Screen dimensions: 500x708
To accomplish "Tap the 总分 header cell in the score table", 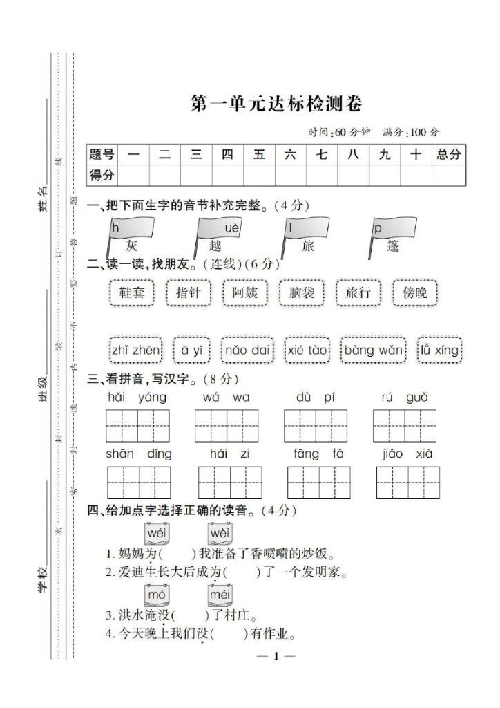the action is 448,155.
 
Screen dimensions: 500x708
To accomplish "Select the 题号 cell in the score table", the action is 102,155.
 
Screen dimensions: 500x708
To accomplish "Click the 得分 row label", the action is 102,175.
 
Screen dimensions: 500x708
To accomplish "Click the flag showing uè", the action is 220,229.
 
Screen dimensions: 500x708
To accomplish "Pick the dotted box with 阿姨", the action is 244,292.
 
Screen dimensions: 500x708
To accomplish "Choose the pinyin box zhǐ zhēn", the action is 135,350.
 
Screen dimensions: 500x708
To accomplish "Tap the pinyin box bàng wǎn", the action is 374,350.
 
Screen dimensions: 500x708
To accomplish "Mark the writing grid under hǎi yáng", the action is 137,425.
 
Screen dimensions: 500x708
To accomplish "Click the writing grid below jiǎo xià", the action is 407,483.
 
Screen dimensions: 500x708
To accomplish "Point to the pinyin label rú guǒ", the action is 404,398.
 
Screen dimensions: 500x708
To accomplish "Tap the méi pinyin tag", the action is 220,595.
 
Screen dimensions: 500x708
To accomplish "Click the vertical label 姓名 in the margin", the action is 44,197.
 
